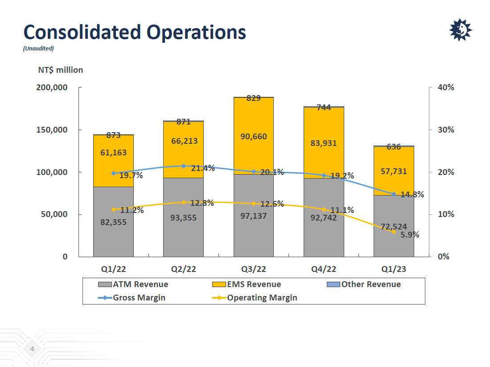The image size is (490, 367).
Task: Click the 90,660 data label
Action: click(253, 137)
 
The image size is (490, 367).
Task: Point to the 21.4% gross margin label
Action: click(202, 168)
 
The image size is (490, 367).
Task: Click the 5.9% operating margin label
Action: click(410, 234)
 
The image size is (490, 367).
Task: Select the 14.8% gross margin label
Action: click(412, 195)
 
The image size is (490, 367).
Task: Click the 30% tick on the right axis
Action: click(446, 130)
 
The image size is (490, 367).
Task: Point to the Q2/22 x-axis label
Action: click(183, 270)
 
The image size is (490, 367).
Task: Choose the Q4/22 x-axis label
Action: click(324, 270)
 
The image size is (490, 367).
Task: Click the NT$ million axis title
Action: click(60, 70)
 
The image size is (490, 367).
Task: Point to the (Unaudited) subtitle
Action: click(38, 49)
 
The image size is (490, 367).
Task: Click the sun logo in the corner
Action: click(460, 30)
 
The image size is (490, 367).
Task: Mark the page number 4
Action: click(32, 349)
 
